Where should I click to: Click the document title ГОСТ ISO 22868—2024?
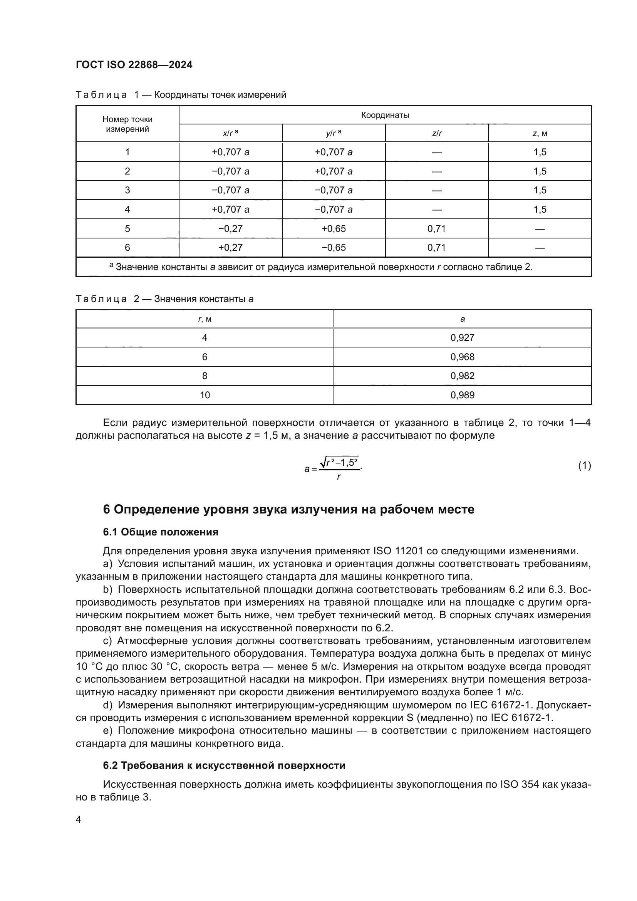134,65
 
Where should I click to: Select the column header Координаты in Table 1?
385,115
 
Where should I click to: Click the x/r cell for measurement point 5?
230,228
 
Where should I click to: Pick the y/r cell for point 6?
334,248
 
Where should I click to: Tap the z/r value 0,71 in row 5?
437,228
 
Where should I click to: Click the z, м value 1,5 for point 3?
540,190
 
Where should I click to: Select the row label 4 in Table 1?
127,210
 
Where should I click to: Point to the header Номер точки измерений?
127,124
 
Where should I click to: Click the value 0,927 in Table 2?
462,338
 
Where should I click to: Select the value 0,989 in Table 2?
462,395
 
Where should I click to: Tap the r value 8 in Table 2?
205,376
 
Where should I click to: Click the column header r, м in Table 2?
205,319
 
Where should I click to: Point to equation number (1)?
585,466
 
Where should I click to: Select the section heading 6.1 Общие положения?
161,532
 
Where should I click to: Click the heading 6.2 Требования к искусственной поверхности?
224,766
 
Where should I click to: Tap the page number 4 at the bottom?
78,820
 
